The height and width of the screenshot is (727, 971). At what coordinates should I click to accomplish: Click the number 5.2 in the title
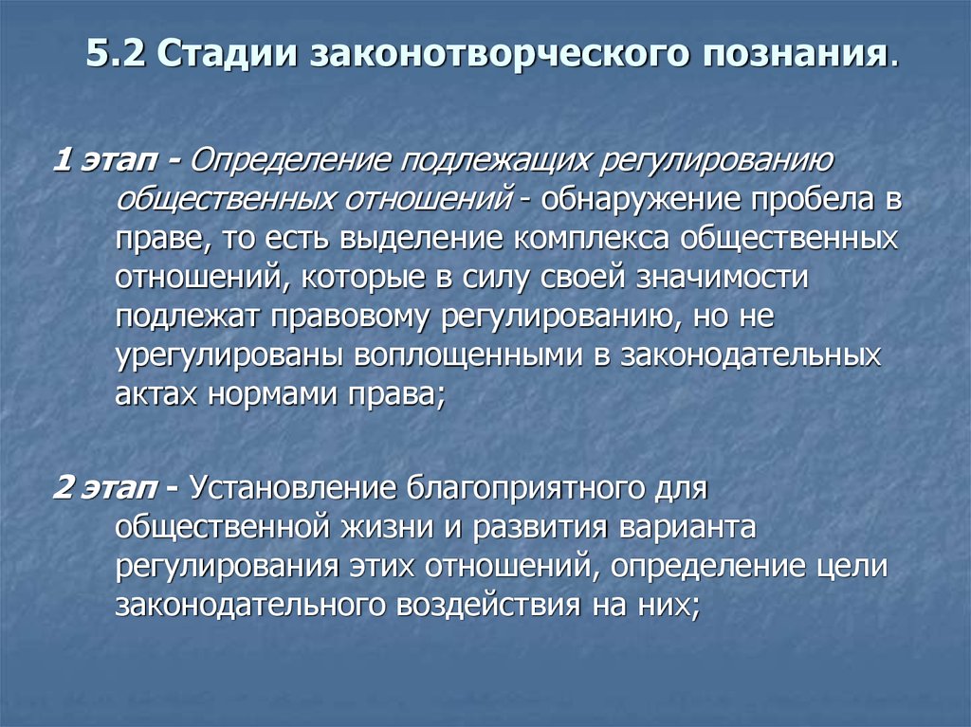coord(116,53)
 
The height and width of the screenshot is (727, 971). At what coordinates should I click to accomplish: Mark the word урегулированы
coord(227,357)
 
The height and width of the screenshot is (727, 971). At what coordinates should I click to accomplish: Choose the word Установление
coord(292,489)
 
